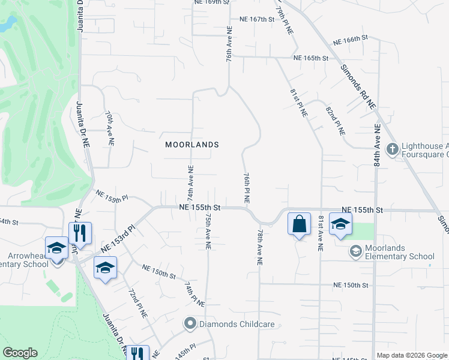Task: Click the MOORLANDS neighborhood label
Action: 192,145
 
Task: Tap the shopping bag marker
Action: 299,224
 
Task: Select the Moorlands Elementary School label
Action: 392,253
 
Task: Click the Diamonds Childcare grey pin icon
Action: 190,324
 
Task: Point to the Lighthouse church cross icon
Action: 392,148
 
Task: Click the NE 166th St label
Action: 349,40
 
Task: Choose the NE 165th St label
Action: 310,58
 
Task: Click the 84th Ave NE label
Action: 377,145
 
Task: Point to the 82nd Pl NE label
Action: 334,118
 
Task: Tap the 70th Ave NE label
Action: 109,128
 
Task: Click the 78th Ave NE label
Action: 260,247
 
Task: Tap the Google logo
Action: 20,353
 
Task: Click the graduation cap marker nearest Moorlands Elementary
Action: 340,224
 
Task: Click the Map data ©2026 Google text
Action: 412,355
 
